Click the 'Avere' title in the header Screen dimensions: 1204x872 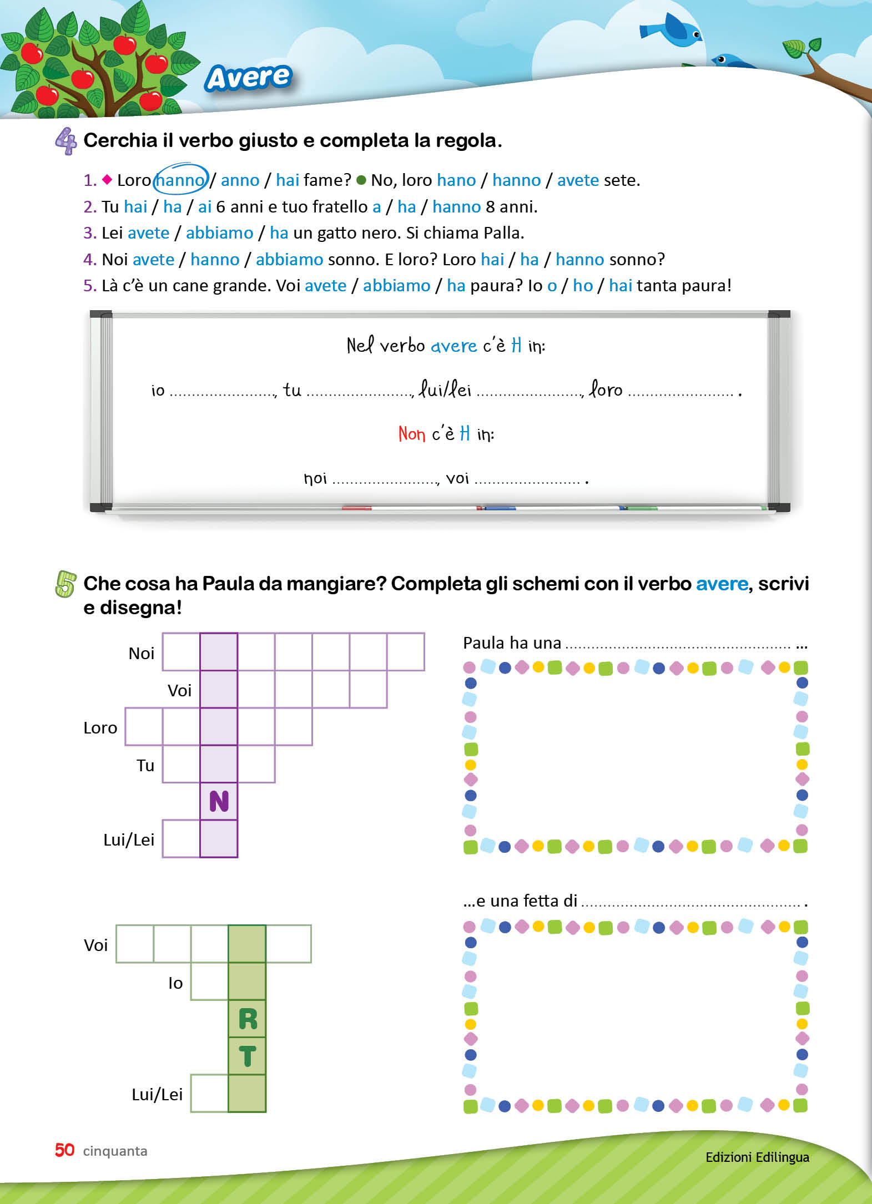click(249, 77)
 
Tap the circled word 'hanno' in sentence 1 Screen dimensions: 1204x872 click(180, 180)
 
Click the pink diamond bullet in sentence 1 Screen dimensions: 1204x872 click(107, 179)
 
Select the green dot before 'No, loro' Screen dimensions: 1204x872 click(361, 180)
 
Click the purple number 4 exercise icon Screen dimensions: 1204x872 click(66, 141)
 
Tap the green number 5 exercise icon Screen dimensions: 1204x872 click(65, 584)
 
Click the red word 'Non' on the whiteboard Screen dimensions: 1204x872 click(411, 433)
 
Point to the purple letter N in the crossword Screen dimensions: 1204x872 click(219, 801)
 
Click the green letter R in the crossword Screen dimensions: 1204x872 click(248, 1019)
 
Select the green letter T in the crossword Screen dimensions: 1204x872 click(248, 1056)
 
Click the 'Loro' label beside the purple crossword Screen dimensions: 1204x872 click(100, 727)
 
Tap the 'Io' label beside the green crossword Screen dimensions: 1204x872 click(175, 983)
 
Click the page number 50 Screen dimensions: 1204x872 click(64, 1150)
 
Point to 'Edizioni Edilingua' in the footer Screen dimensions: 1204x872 click(757, 1157)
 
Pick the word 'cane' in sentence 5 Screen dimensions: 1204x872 click(190, 286)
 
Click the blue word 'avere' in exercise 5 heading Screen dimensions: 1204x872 click(722, 584)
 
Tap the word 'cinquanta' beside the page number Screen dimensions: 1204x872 click(115, 1151)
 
